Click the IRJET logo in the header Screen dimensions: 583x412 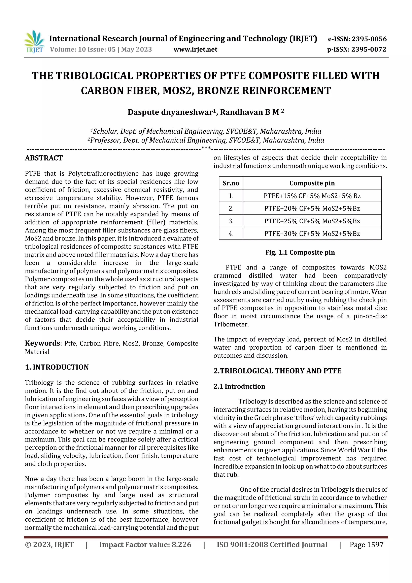click(x=34, y=42)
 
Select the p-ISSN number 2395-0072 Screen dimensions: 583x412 click(x=369, y=49)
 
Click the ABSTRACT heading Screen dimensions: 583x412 click(x=44, y=158)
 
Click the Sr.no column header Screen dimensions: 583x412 click(x=231, y=183)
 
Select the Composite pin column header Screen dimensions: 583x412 click(x=312, y=183)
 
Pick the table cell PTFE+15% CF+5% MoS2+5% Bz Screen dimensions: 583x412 click(x=312, y=196)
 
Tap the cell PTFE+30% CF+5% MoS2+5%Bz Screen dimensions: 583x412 click(x=312, y=233)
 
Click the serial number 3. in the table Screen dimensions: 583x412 click(x=231, y=221)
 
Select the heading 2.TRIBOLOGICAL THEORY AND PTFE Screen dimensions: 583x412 click(x=277, y=371)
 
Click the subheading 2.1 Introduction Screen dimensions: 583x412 click(x=239, y=386)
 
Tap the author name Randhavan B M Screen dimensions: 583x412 click(x=249, y=112)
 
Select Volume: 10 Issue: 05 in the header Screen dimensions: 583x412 click(x=83, y=49)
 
